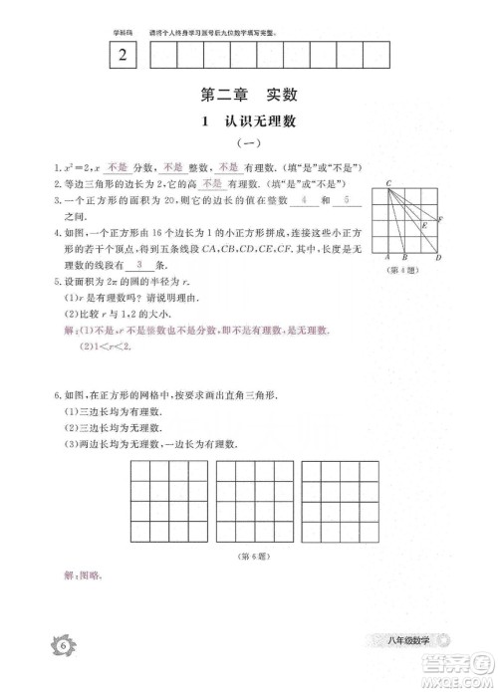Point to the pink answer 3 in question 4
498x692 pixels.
click(x=138, y=266)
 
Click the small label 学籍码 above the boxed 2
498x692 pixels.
click(x=120, y=33)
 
